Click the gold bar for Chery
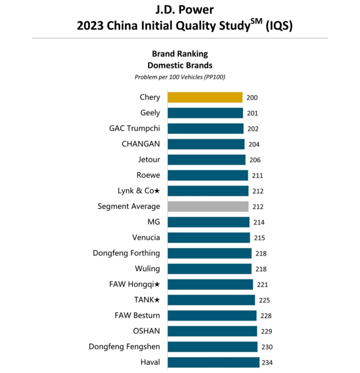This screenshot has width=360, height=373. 205,97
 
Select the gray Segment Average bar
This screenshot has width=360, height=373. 208,207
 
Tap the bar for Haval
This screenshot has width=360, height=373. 213,362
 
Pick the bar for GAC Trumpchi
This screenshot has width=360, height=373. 205,129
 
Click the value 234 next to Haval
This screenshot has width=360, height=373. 267,363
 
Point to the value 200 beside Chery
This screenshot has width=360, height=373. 252,98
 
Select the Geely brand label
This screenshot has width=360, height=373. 150,113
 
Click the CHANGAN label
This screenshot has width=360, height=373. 140,144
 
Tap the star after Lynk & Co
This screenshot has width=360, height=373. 157,191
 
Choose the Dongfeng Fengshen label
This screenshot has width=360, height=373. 124,347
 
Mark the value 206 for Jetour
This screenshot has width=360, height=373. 255,160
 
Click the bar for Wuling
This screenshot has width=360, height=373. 209,269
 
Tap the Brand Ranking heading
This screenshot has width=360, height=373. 180,54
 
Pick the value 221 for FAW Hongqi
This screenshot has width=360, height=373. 262,285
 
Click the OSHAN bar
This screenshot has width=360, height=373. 212,331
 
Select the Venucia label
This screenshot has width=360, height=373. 146,237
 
